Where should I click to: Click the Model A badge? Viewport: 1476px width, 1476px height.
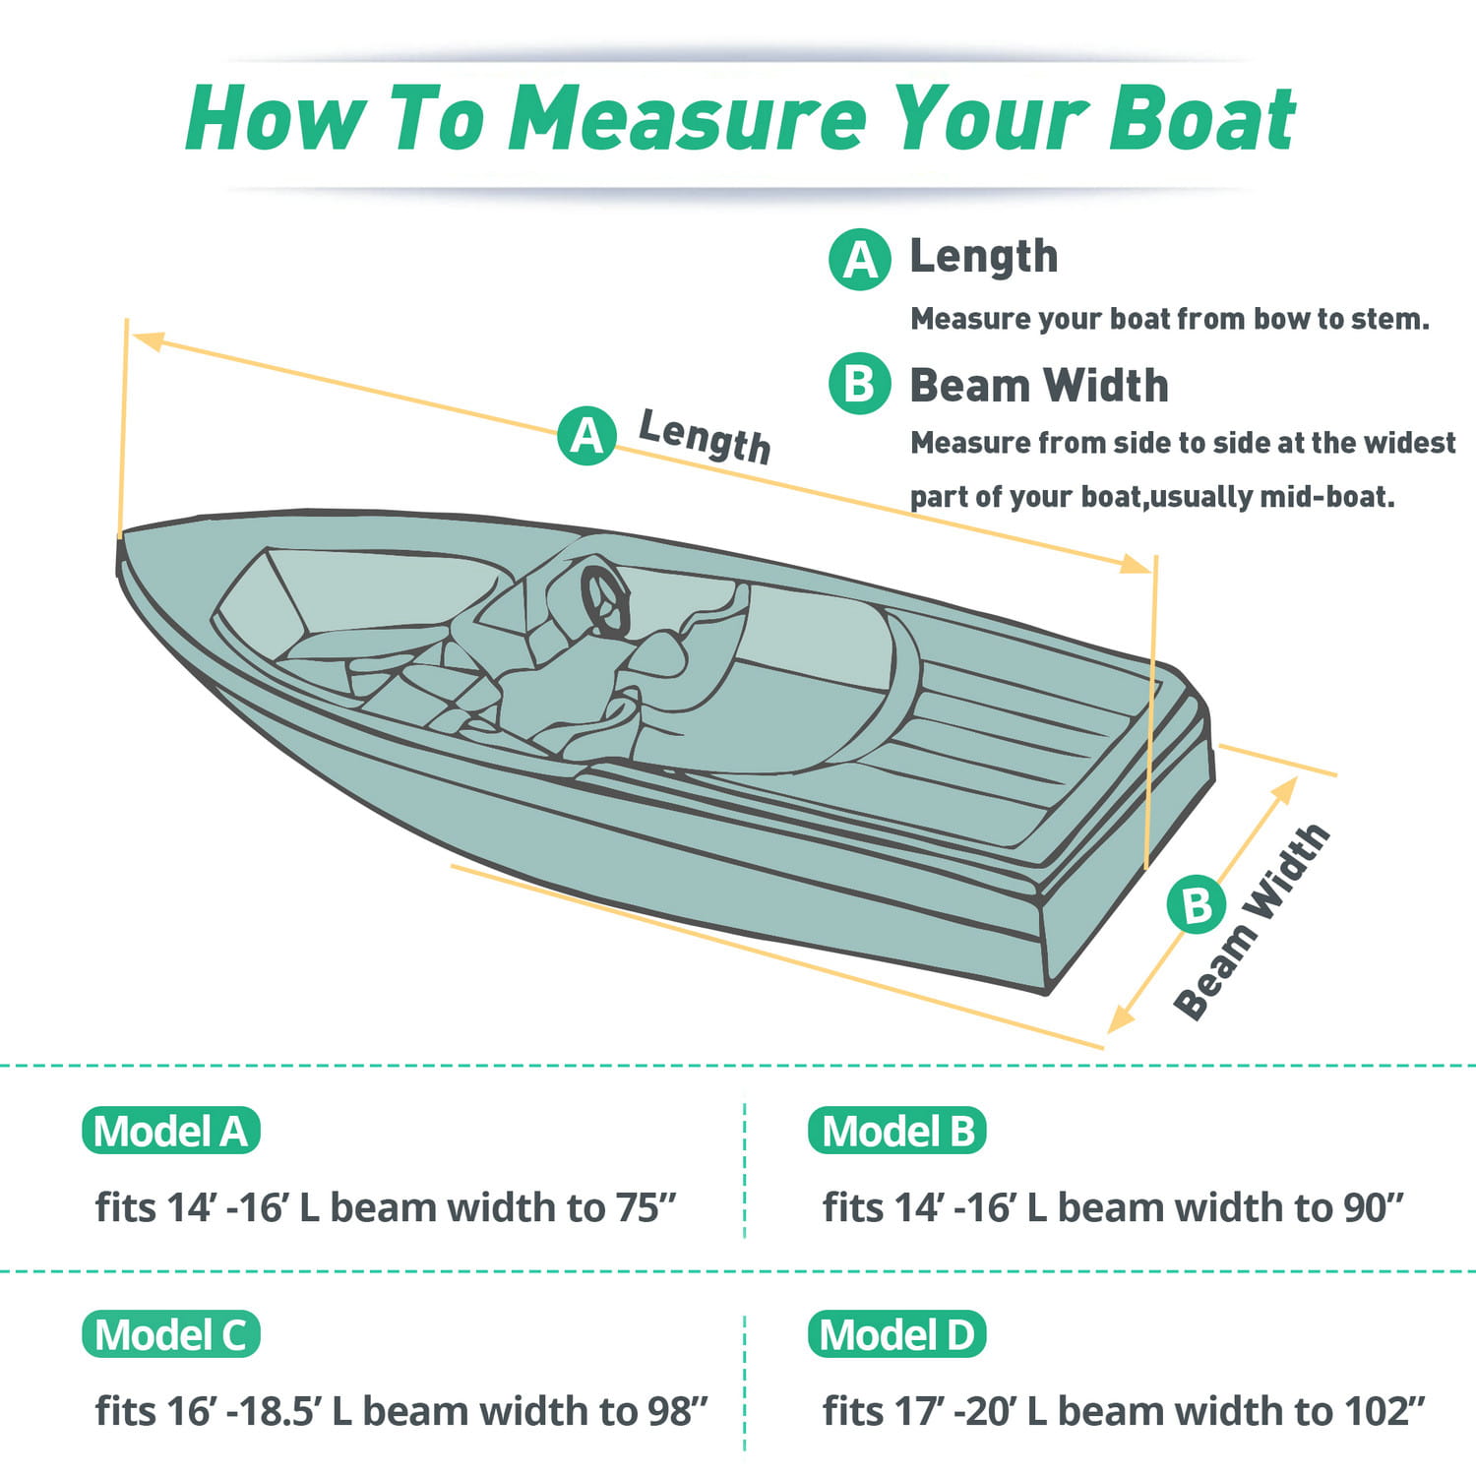(x=171, y=1131)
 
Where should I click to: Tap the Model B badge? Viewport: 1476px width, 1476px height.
(x=896, y=1131)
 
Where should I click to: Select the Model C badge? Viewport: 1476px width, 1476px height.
(x=171, y=1334)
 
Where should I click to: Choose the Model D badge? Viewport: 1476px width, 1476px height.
(x=896, y=1334)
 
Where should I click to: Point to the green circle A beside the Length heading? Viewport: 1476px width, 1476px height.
(x=860, y=260)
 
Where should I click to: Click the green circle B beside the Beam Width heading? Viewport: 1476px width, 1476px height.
(x=860, y=384)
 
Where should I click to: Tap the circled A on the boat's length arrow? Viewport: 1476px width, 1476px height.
(x=587, y=435)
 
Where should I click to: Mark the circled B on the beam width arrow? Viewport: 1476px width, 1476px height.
(x=1197, y=904)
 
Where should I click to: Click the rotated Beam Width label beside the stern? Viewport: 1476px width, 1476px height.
(x=1253, y=922)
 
